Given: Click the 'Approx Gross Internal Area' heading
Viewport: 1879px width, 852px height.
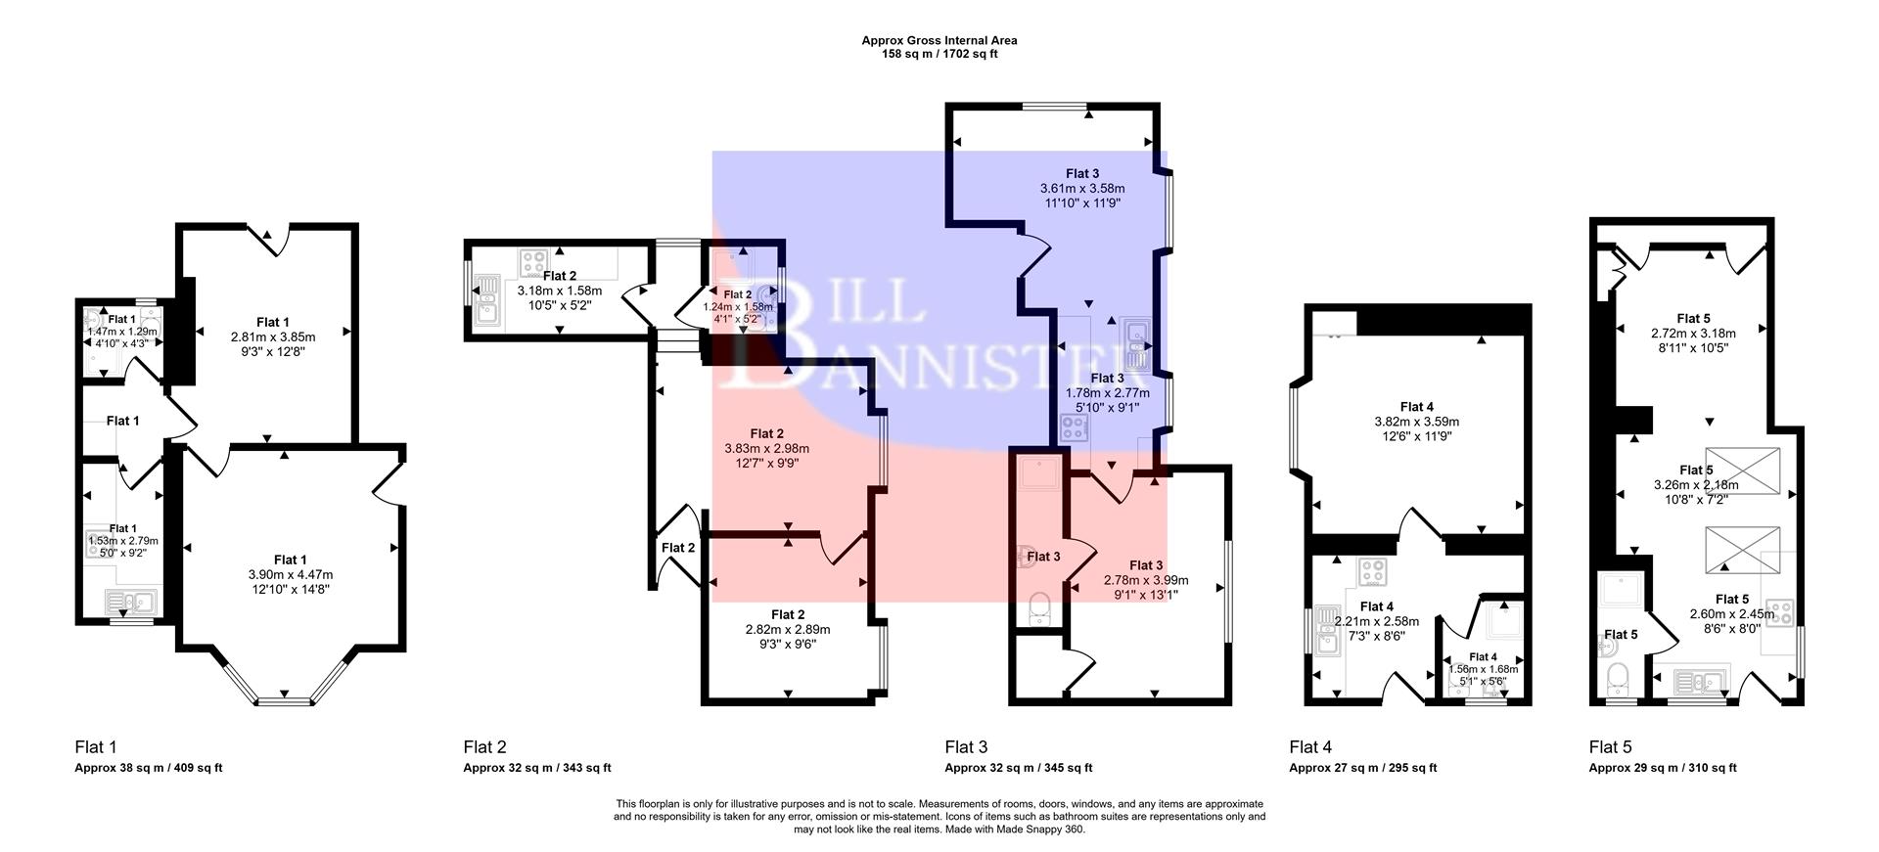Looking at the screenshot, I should (x=939, y=40).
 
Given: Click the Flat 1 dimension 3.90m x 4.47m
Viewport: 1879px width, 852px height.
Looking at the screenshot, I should (x=290, y=574).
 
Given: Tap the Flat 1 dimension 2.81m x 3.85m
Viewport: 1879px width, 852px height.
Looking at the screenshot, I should (x=273, y=336).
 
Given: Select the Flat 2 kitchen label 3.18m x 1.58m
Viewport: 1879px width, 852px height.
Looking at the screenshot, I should (x=559, y=291).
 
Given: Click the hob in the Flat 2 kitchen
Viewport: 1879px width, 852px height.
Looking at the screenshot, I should (x=533, y=262).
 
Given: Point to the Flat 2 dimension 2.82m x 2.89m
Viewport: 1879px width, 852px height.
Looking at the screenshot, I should (x=787, y=629).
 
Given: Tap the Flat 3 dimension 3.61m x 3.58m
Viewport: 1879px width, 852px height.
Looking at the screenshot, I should (x=1081, y=188).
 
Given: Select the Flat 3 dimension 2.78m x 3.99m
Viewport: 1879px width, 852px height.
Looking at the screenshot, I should (x=1146, y=579).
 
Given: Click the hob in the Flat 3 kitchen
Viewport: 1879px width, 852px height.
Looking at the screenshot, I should (x=1074, y=427).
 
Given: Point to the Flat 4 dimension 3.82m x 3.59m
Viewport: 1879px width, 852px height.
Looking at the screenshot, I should (x=1416, y=422).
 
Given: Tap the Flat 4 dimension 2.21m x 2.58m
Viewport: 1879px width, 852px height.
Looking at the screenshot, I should (x=1376, y=621).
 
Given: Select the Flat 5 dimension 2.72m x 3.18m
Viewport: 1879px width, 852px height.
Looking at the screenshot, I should (x=1693, y=333).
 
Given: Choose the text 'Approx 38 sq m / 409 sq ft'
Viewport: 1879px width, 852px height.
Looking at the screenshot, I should (x=149, y=768).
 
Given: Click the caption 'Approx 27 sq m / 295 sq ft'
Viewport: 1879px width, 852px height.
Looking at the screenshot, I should (x=1362, y=768).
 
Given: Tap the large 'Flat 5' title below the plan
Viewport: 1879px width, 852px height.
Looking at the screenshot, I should (x=1610, y=747).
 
